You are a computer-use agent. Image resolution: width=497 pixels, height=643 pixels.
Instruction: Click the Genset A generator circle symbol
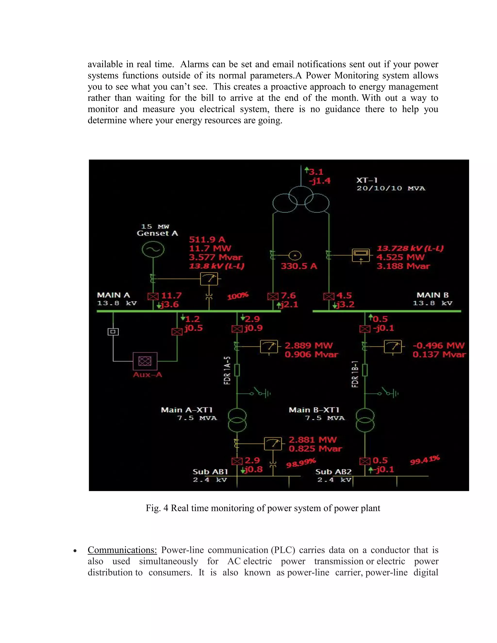point(153,249)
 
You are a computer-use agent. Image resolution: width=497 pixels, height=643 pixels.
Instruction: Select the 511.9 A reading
point(207,239)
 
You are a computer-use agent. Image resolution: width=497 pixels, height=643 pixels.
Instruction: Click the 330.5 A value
point(298,266)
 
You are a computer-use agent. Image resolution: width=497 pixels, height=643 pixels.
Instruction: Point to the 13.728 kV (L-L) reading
point(410,248)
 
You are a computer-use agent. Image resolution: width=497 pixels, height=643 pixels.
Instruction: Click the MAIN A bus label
point(113,295)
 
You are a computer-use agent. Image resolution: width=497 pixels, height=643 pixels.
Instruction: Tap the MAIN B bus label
point(432,295)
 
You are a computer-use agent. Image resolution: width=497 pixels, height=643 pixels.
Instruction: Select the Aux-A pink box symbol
point(145,361)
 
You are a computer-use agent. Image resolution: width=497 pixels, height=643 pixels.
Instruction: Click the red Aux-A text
point(147,375)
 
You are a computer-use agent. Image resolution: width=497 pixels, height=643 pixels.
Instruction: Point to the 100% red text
point(238,296)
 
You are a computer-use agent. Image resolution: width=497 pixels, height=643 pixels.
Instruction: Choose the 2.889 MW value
point(308,345)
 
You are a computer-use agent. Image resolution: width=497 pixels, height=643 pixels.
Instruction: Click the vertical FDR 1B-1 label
point(355,374)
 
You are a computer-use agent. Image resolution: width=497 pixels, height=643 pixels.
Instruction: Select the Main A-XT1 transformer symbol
point(237,420)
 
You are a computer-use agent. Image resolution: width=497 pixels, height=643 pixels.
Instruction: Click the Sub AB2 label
point(333,472)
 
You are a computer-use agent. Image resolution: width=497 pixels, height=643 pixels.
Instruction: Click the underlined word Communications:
point(122,550)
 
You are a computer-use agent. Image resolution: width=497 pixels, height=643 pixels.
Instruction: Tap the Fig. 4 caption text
point(263,508)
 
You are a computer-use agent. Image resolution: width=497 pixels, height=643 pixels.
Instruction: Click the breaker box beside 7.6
point(273,296)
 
